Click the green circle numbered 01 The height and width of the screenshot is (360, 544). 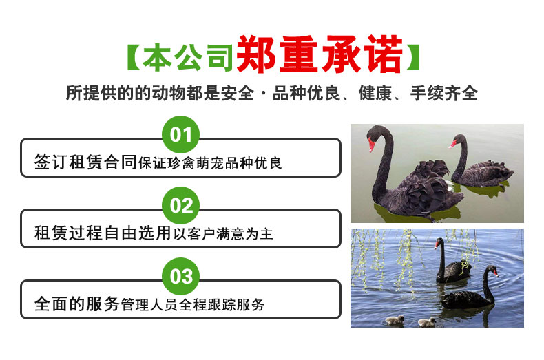click(x=180, y=134)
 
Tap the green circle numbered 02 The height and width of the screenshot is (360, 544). click(x=180, y=205)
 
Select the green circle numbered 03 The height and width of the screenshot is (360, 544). click(x=180, y=277)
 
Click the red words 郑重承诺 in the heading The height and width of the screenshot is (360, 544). click(x=320, y=54)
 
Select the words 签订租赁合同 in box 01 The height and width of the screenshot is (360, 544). click(x=85, y=162)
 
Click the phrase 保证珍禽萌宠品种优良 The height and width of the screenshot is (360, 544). click(x=210, y=163)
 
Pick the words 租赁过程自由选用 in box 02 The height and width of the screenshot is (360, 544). click(x=103, y=233)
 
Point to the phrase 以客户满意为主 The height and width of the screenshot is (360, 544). click(x=223, y=234)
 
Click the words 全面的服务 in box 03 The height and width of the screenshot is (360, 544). click(x=77, y=304)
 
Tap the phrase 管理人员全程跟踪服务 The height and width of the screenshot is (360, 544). click(x=193, y=305)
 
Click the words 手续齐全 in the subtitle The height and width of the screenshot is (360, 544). click(x=444, y=93)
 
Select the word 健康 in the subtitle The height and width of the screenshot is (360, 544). click(x=375, y=93)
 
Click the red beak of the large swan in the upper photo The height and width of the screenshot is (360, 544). click(x=371, y=145)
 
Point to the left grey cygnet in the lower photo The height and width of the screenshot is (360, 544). click(x=395, y=320)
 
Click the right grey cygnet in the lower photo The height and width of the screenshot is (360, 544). click(x=427, y=322)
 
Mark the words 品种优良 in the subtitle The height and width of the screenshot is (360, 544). click(x=306, y=93)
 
